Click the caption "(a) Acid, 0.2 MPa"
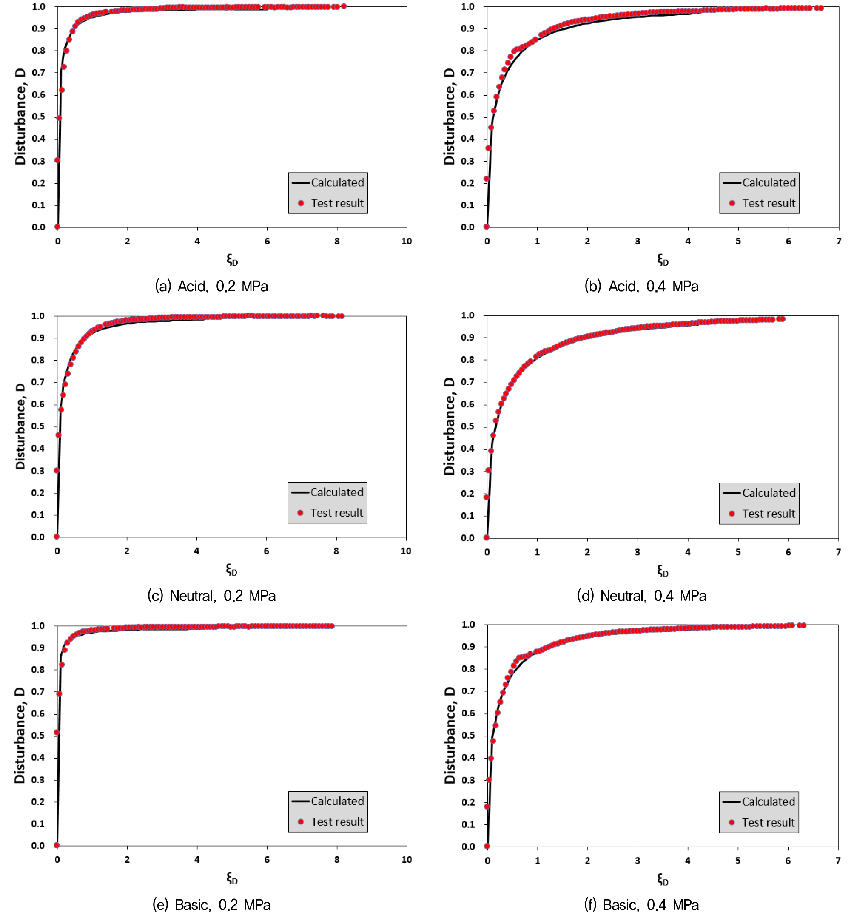(211, 286)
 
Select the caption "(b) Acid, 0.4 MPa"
(641, 286)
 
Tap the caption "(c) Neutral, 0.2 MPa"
(211, 596)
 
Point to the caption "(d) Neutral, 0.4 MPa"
(641, 596)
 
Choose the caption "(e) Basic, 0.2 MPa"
(211, 904)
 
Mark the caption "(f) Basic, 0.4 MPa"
(641, 904)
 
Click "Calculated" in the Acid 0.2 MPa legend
(337, 183)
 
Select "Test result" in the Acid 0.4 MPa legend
(769, 203)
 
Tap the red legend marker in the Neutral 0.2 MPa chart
(300, 513)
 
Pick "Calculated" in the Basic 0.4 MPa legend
(769, 801)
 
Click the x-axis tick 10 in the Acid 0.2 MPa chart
(407, 241)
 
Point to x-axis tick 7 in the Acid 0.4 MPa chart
(838, 241)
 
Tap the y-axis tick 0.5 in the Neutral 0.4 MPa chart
(468, 426)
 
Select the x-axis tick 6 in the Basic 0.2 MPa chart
(267, 859)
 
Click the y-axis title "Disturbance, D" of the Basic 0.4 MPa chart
(450, 735)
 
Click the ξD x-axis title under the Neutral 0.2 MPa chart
(231, 570)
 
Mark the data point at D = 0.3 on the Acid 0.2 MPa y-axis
(57, 160)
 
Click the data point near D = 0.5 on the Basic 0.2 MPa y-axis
(57, 732)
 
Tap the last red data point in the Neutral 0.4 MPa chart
(782, 319)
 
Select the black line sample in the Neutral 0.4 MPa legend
(732, 493)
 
